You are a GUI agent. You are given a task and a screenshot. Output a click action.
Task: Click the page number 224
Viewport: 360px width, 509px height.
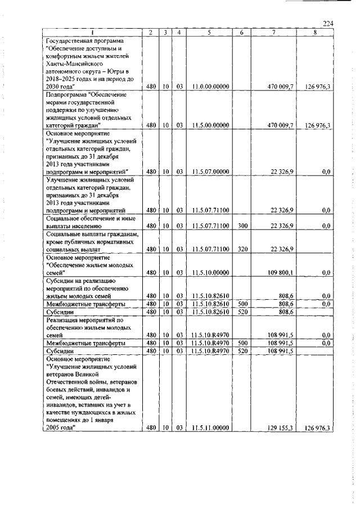point(328,23)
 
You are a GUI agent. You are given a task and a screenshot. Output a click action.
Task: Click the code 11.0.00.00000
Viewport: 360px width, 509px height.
point(209,87)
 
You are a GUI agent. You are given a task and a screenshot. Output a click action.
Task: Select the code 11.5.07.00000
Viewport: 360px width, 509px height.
point(209,172)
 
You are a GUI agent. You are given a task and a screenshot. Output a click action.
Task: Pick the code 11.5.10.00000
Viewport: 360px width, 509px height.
point(209,272)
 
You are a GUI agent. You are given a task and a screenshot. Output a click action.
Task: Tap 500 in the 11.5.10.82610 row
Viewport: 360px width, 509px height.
point(241,304)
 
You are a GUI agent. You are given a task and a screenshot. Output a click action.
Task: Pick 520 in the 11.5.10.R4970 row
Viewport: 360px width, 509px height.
point(241,350)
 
